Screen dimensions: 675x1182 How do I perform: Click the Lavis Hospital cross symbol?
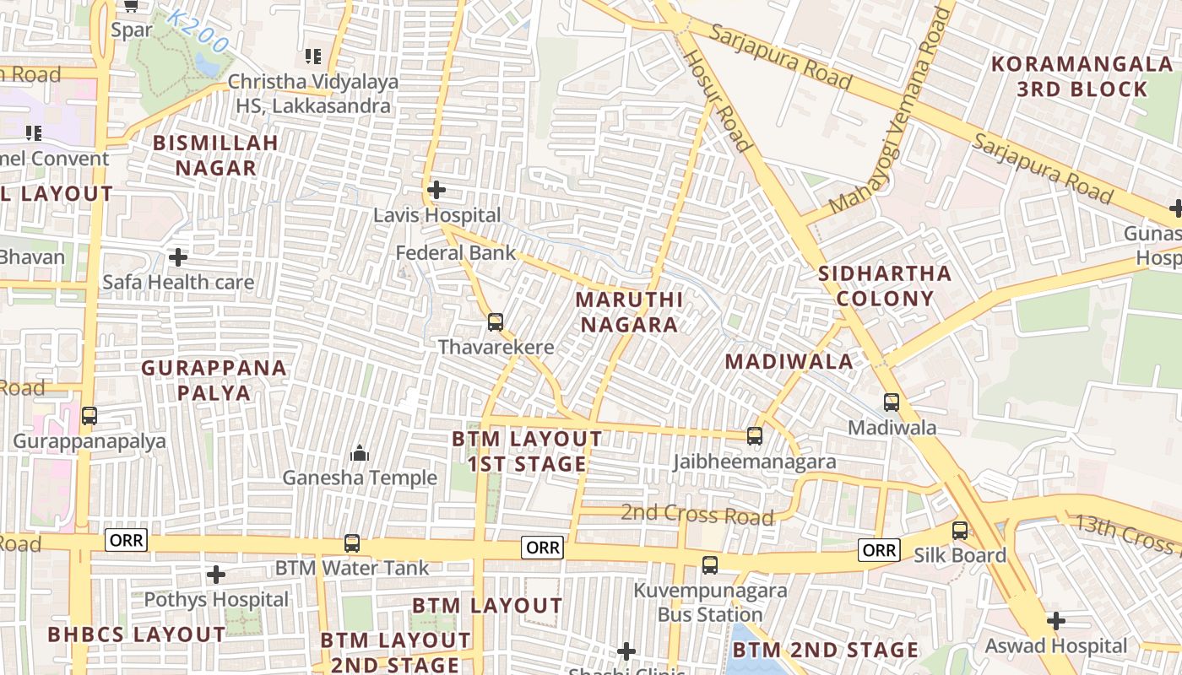point(436,190)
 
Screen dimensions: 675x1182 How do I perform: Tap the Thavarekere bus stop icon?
point(496,321)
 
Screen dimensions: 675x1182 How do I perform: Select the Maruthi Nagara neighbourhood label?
point(629,312)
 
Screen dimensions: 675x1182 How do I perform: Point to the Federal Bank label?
point(456,252)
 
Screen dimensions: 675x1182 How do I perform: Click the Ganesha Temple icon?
point(360,453)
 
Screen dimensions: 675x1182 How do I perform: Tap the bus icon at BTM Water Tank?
point(352,543)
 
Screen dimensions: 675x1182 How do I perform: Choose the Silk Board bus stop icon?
point(960,531)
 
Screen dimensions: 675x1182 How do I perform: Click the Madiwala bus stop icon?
point(892,402)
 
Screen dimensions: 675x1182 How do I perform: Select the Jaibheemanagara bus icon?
point(755,436)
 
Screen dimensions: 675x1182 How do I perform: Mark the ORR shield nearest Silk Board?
point(879,550)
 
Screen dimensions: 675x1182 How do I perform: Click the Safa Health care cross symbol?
point(178,256)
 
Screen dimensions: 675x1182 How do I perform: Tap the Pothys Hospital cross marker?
point(216,575)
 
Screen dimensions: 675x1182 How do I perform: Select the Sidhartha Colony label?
point(885,286)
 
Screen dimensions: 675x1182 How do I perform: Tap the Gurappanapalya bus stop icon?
point(89,416)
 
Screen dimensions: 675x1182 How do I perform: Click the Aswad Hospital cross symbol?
point(1055,621)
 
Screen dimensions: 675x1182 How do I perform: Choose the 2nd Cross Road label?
point(697,514)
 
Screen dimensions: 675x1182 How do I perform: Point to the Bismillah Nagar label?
point(215,155)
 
